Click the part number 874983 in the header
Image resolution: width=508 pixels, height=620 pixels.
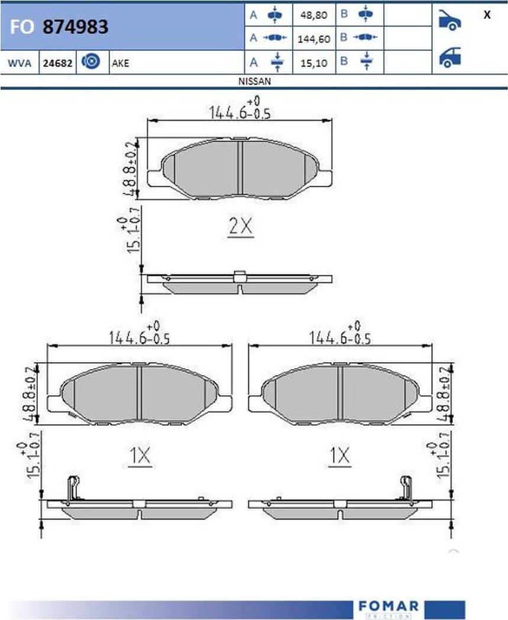[75, 27]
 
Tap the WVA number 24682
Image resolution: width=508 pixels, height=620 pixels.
[57, 63]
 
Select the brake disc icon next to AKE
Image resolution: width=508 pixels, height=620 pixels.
[90, 62]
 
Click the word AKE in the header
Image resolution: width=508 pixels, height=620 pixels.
[120, 63]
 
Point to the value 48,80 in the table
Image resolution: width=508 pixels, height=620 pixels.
[313, 15]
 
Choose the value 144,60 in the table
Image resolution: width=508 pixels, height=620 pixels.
[313, 39]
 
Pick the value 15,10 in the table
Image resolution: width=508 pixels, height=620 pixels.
[313, 63]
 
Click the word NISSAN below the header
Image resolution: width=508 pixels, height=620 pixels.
[255, 81]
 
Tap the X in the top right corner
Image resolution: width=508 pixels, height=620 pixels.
[487, 15]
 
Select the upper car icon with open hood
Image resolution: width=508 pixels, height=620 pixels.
[450, 20]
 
